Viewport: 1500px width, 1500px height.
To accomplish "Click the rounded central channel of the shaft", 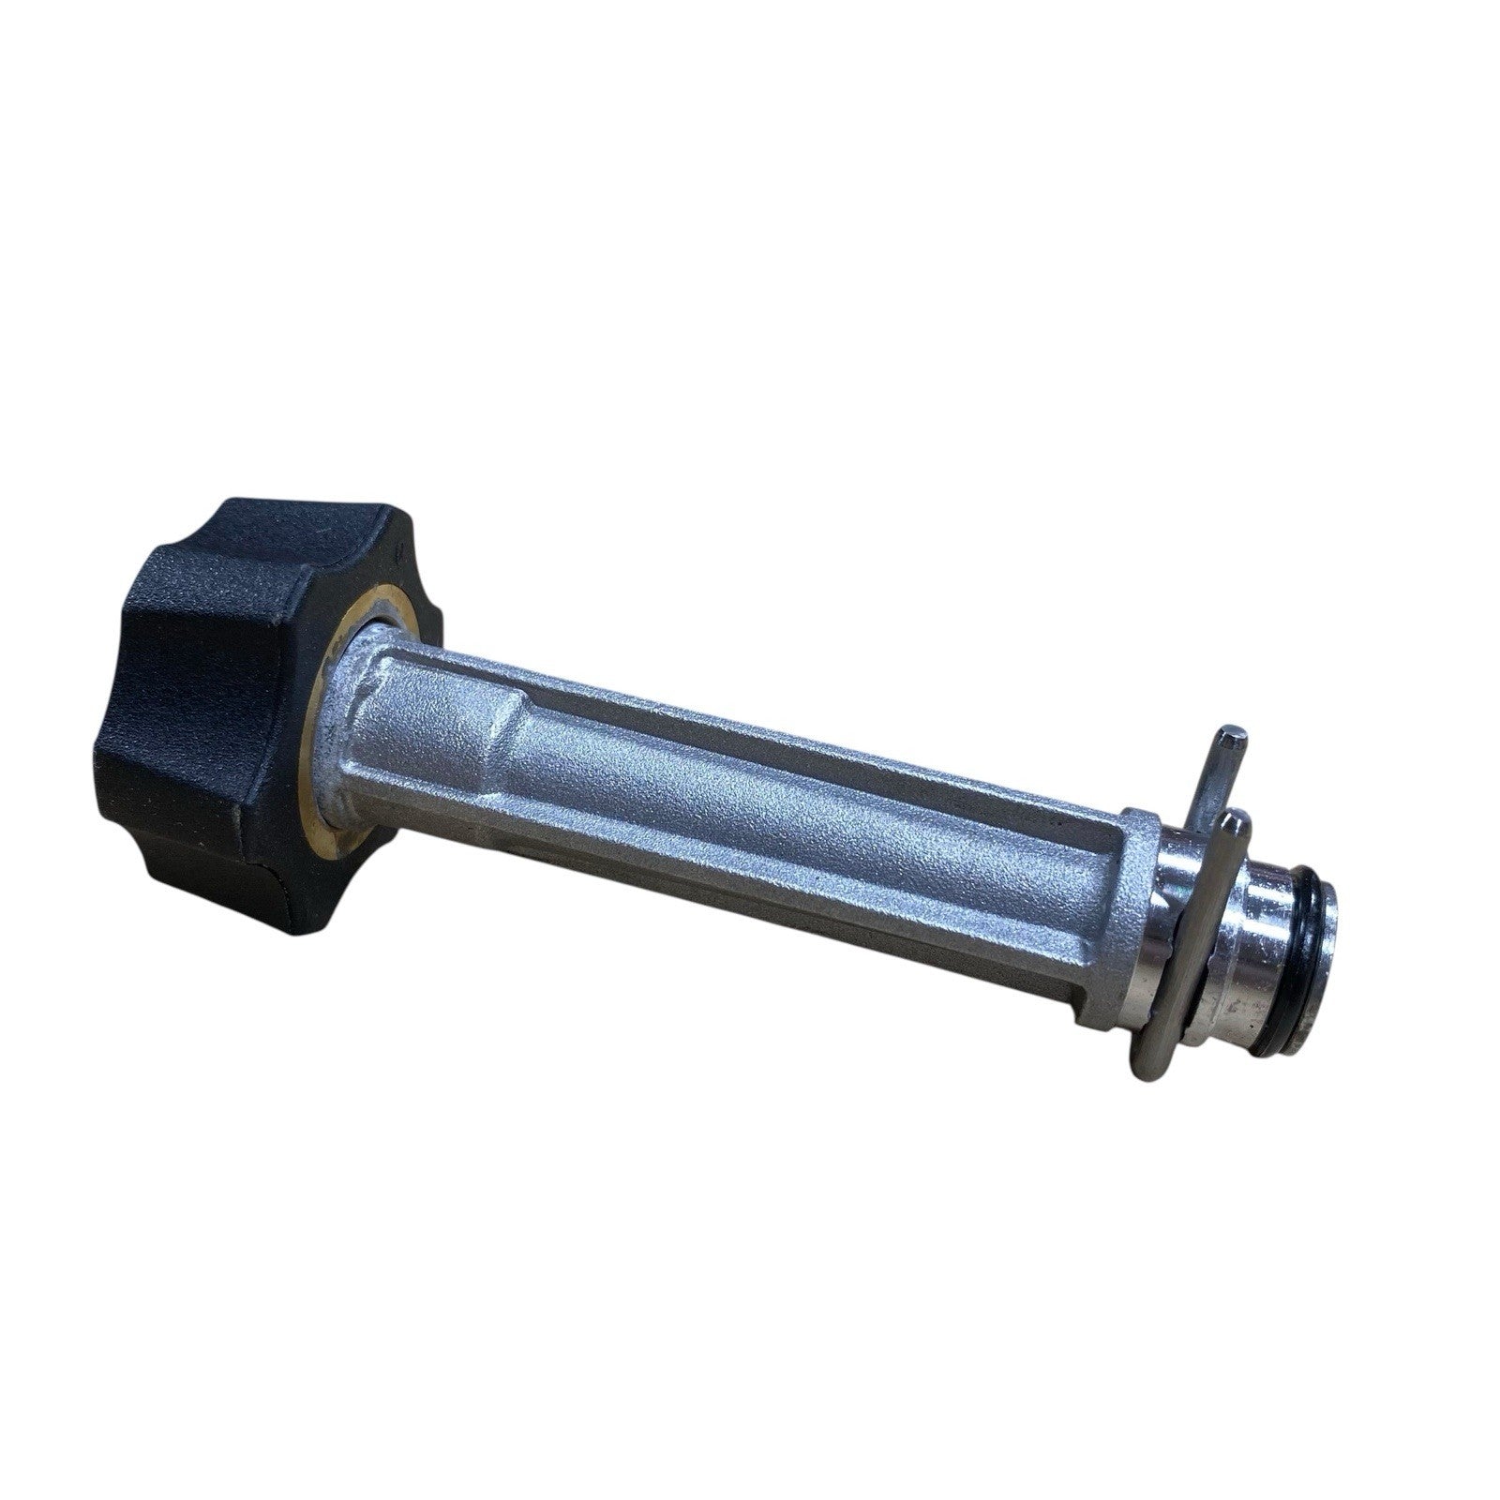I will point(797,797).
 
